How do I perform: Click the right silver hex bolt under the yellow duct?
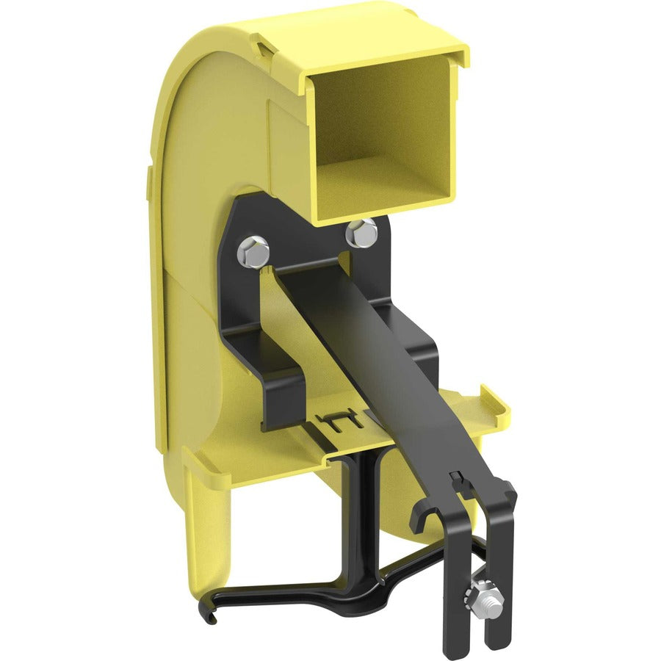[362, 232]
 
